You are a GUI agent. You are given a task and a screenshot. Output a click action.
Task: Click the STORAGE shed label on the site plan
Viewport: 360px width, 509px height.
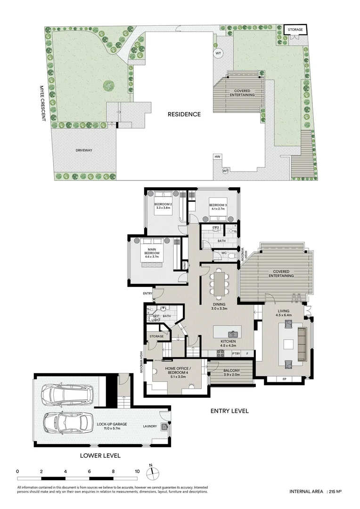tap(295, 30)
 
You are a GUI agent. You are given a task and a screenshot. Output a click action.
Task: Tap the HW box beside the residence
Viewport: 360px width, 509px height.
tap(217, 157)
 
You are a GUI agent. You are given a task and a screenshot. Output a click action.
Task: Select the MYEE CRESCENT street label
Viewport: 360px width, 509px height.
tap(42, 104)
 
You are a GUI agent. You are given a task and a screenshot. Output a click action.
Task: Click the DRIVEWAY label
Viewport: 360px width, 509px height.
tap(84, 150)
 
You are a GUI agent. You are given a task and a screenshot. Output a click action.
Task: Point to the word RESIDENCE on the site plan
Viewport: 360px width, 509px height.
tap(184, 114)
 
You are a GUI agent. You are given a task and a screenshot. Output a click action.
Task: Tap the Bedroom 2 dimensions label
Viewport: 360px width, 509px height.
tap(163, 208)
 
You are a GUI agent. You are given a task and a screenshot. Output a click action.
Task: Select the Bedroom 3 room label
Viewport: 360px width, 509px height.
tap(218, 205)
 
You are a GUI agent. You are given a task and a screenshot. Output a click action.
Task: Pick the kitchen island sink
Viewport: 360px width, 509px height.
tap(233, 334)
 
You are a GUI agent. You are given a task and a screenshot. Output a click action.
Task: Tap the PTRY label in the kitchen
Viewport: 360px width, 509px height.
tap(236, 353)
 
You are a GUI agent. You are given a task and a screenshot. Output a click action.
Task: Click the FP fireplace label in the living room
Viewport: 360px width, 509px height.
tap(284, 379)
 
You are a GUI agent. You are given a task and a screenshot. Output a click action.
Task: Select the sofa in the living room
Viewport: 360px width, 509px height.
tap(302, 344)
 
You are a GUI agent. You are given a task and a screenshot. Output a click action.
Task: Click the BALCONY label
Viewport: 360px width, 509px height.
tap(231, 370)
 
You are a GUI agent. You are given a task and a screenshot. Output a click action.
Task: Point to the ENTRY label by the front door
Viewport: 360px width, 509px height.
tap(147, 294)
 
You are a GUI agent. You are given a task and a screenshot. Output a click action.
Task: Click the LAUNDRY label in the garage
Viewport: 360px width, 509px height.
tap(150, 426)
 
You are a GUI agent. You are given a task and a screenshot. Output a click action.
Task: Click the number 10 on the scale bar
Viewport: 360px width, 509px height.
tap(137, 471)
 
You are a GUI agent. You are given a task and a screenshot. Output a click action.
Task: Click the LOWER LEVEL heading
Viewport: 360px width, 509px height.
tap(100, 456)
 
